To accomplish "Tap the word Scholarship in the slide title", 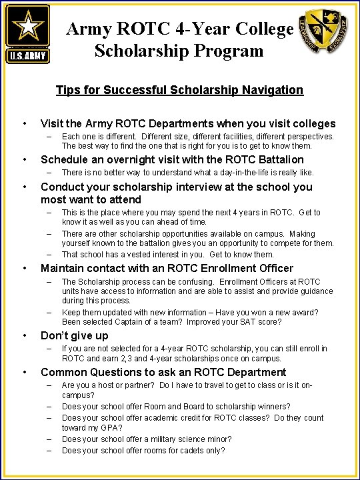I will click(136, 51).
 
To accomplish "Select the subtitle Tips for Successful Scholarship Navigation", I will click(179, 90).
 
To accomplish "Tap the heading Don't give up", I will click(74, 335).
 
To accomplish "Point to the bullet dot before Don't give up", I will click(25, 335).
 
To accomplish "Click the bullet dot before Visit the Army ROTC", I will click(25, 123).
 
